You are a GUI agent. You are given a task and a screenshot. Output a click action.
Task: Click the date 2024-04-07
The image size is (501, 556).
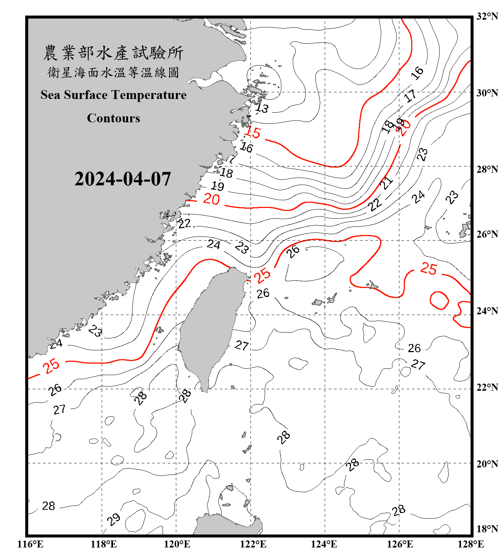pyautogui.click(x=122, y=179)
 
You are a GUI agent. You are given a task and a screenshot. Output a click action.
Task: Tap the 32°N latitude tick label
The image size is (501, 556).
pyautogui.click(x=487, y=16)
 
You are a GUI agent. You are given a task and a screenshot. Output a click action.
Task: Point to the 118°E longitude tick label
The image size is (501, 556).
pyautogui.click(x=104, y=544)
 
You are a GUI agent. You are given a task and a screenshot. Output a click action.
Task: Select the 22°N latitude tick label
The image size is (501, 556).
pyautogui.click(x=487, y=387)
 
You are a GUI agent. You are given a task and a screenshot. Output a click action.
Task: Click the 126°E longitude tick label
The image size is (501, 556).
pyautogui.click(x=400, y=544)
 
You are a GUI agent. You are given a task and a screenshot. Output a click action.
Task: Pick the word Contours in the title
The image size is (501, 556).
pyautogui.click(x=113, y=118)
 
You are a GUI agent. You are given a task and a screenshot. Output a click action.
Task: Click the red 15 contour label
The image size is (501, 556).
pyautogui.click(x=253, y=132)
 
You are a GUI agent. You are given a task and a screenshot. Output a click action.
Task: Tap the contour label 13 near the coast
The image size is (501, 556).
pyautogui.click(x=262, y=108)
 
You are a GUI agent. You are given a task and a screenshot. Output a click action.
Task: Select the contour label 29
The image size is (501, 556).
pyautogui.click(x=114, y=519)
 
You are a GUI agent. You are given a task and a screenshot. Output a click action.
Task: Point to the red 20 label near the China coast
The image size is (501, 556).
pyautogui.click(x=212, y=199)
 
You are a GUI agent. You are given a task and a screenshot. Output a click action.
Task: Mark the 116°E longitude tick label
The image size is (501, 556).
pyautogui.click(x=30, y=544)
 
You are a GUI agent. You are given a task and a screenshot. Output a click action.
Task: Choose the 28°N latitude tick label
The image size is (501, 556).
pyautogui.click(x=487, y=169)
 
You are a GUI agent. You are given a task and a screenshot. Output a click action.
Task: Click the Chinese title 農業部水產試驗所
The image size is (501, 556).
pyautogui.click(x=113, y=53)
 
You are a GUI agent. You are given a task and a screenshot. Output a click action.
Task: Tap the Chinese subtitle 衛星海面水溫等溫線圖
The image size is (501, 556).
pyautogui.click(x=113, y=72)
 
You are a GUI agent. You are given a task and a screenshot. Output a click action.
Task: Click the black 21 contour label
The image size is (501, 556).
pyautogui.click(x=386, y=183)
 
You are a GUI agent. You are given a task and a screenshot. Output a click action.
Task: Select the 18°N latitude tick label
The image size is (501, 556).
pyautogui.click(x=487, y=529)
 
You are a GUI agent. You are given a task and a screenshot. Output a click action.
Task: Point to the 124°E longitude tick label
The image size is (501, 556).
pyautogui.click(x=324, y=544)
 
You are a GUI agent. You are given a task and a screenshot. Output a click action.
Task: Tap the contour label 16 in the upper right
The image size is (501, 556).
pyautogui.click(x=417, y=73)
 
